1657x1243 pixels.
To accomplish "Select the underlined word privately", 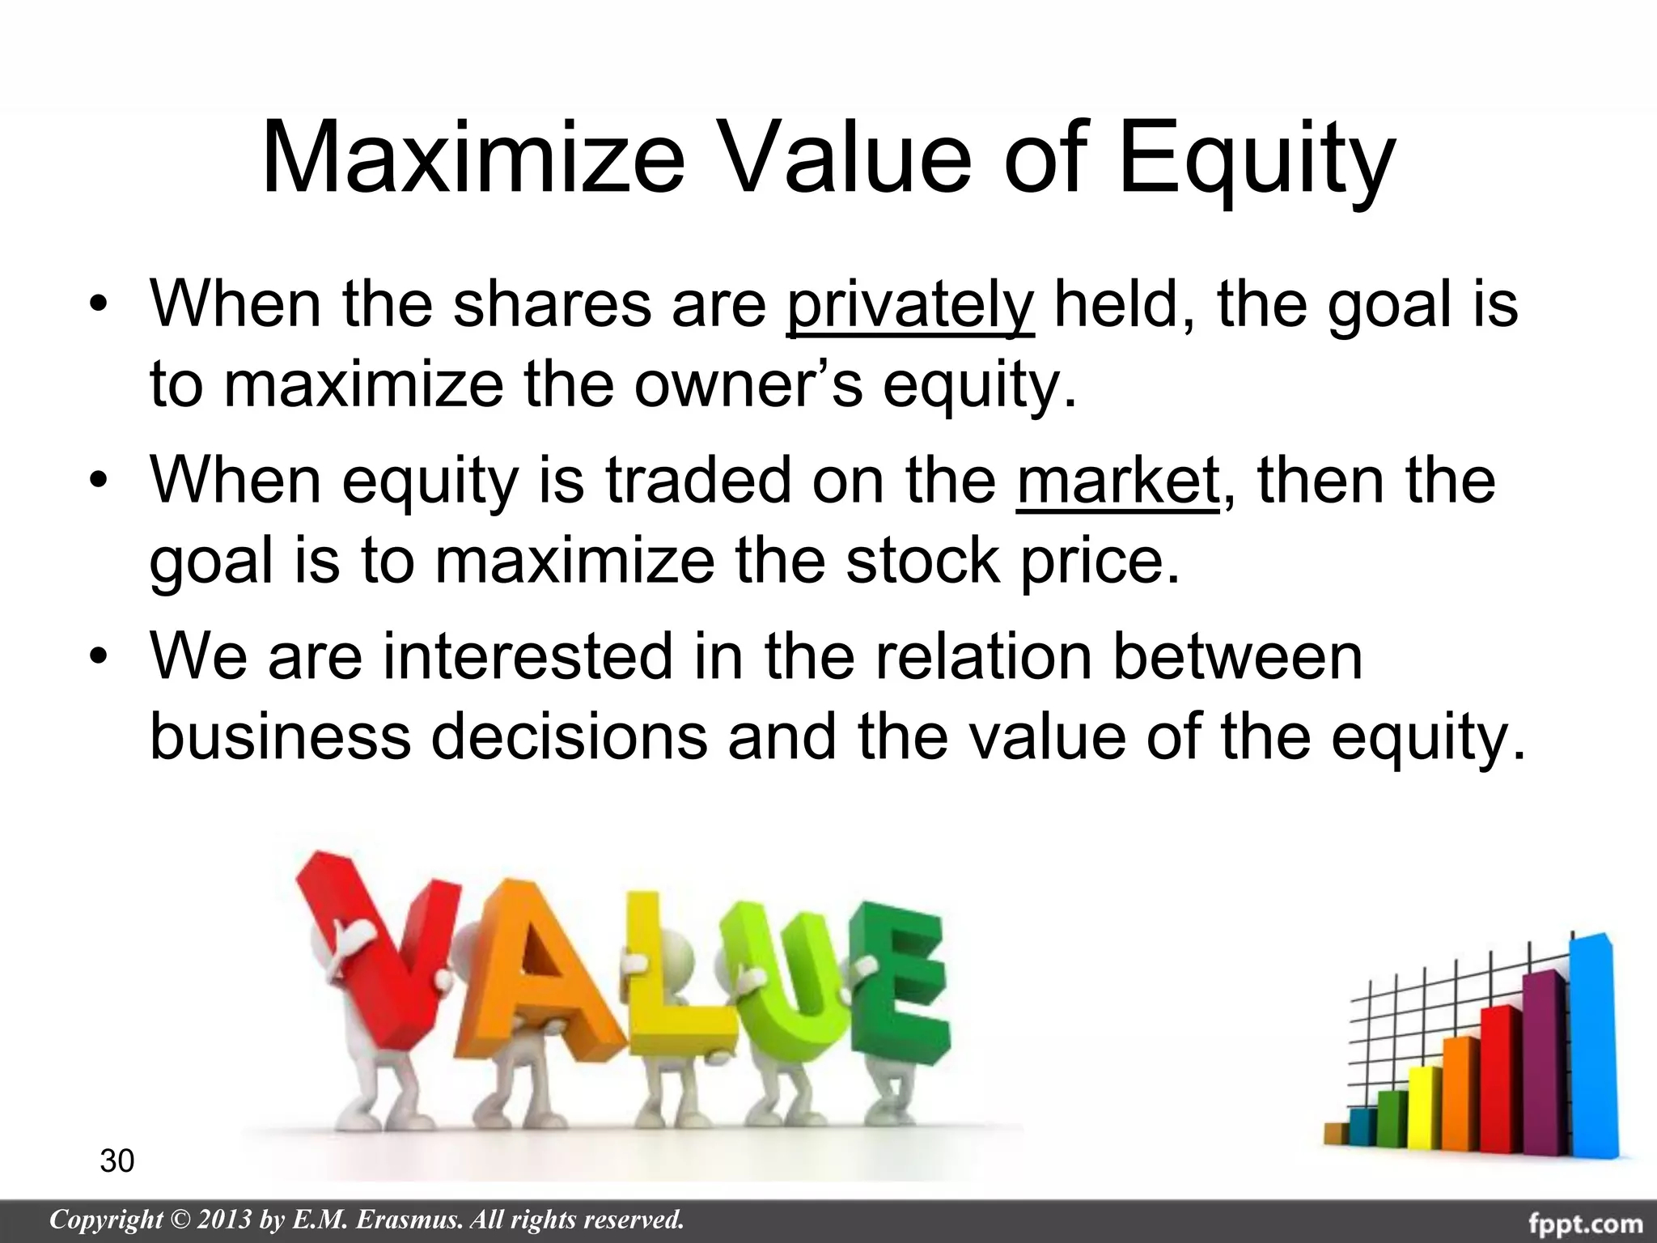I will point(909,306).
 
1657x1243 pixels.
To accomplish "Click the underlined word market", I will point(1117,481).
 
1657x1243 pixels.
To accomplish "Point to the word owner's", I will point(748,385).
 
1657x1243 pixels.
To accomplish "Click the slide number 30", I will point(117,1161).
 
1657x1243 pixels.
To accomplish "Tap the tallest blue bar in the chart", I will point(1591,1052).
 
